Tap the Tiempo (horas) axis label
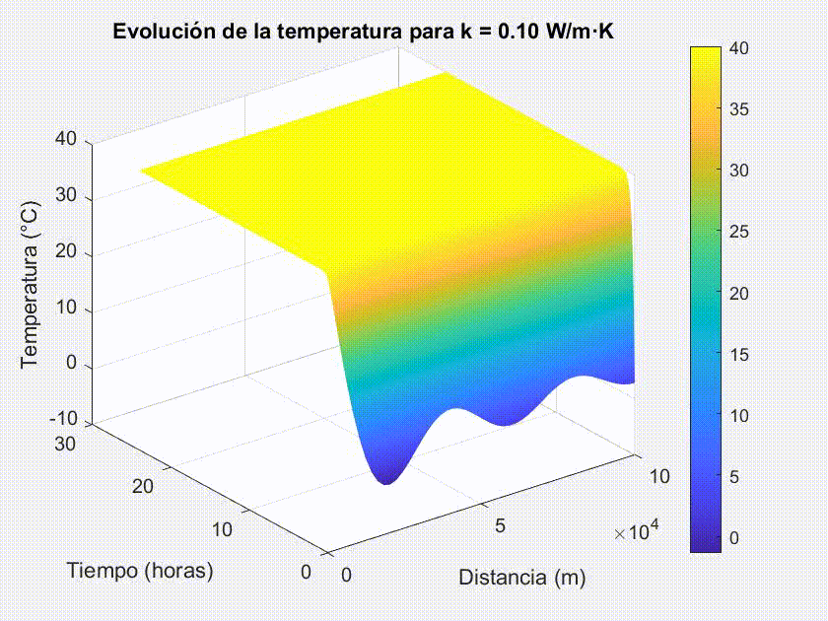(140, 570)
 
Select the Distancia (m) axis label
(521, 578)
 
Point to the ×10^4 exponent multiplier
(637, 532)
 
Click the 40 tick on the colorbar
(740, 47)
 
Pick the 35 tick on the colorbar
(740, 108)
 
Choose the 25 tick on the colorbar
(740, 232)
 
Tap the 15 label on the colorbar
(740, 354)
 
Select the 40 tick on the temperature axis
(67, 139)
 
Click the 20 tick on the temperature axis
(67, 253)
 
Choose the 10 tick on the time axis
(222, 529)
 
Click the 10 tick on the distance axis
(659, 477)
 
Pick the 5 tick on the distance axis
(500, 526)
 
